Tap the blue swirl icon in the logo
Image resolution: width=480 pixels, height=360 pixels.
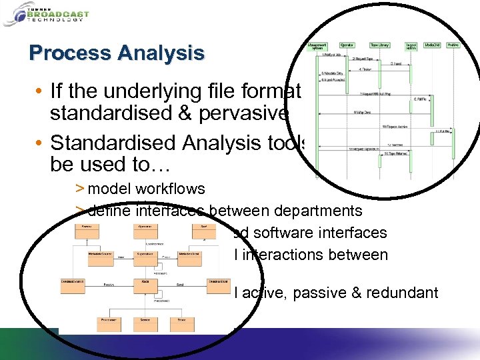pos(13,14)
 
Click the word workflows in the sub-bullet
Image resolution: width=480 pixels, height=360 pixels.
pos(169,189)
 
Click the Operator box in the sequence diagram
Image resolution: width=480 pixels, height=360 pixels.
pos(347,45)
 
